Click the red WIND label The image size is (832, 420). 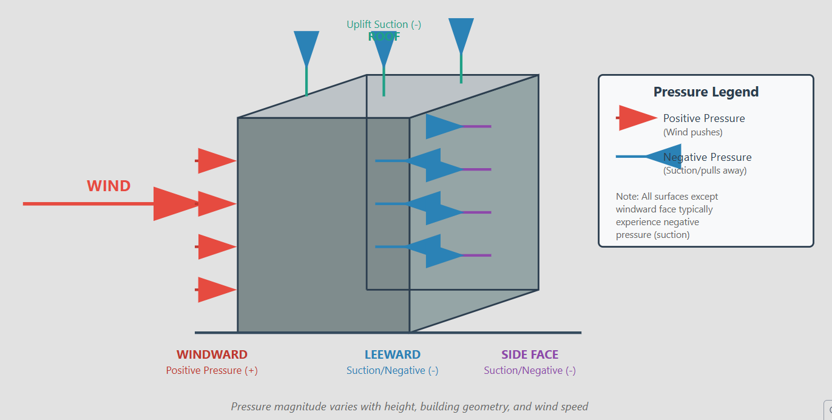click(x=109, y=186)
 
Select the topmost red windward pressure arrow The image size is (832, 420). click(x=216, y=161)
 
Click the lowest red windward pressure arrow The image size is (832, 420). click(x=216, y=290)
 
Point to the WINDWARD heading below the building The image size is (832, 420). click(x=212, y=354)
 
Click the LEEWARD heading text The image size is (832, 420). click(x=392, y=354)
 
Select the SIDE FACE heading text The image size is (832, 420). click(x=530, y=354)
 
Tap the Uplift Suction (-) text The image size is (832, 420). click(x=384, y=24)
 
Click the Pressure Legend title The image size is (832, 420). click(x=706, y=92)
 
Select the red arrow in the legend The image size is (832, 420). click(x=637, y=118)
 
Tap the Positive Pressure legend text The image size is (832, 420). click(x=704, y=118)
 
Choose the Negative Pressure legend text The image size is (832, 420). click(x=708, y=157)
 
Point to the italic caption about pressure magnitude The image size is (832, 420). click(x=410, y=407)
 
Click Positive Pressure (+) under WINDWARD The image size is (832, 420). click(x=212, y=370)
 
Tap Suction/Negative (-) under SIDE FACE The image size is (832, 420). click(x=530, y=370)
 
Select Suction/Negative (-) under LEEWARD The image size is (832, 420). click(x=392, y=370)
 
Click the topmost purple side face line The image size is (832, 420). click(x=477, y=126)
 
